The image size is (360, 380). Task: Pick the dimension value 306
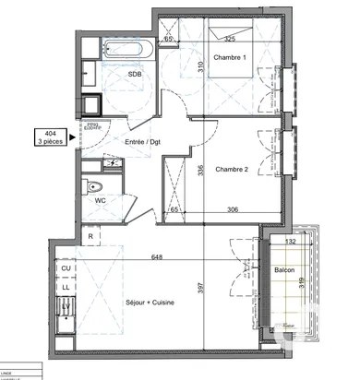coord(234,210)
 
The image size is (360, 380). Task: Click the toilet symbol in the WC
coord(95,188)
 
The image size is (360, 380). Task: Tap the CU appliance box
coord(66,268)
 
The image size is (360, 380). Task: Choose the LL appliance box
coord(66,287)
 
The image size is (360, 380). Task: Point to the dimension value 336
coord(200,169)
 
